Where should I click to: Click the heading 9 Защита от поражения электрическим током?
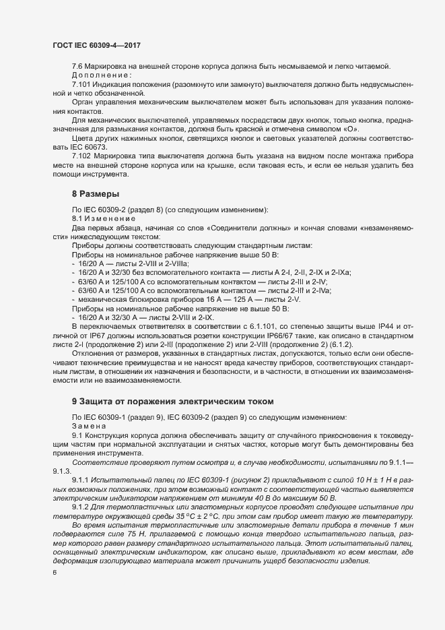[x=172, y=401]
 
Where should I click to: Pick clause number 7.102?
[x=81, y=156]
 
